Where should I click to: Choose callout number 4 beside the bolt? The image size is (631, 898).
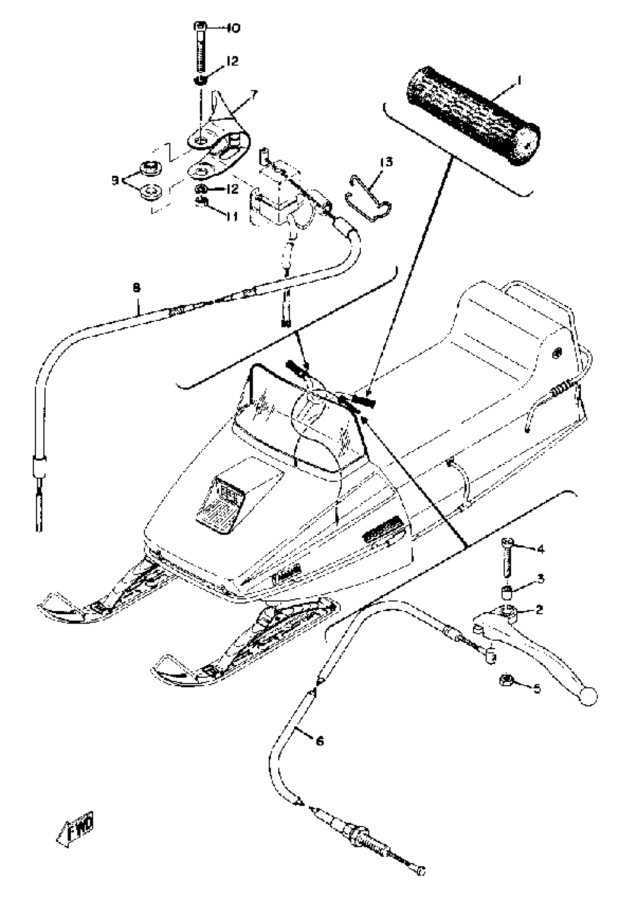[540, 550]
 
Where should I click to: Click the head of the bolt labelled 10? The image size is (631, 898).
[200, 27]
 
